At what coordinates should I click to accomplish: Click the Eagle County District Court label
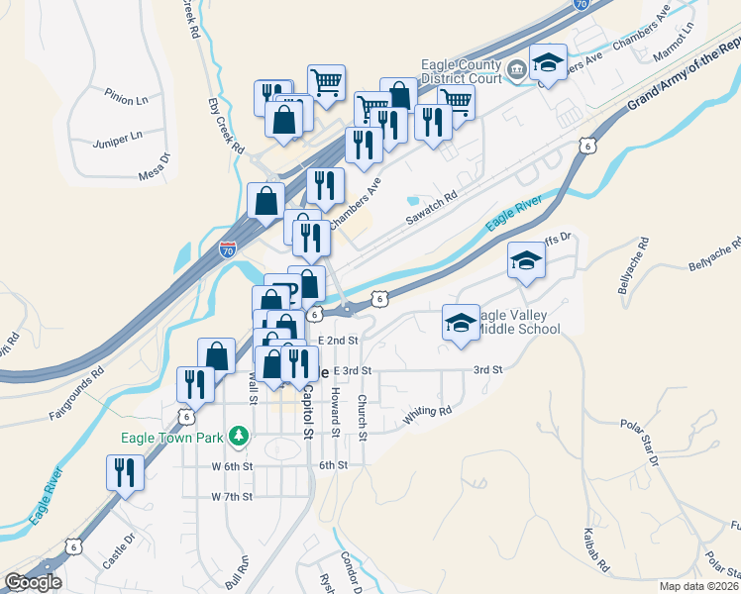coord(463,71)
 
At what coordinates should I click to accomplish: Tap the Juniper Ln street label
coord(116,134)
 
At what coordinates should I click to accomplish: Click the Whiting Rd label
coord(427,417)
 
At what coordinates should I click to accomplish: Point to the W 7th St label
coord(233,495)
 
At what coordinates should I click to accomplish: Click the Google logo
coord(33,582)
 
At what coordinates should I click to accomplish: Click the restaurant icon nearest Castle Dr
coord(124,472)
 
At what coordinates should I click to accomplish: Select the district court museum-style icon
coord(517,71)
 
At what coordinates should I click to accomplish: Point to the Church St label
coord(364,416)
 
